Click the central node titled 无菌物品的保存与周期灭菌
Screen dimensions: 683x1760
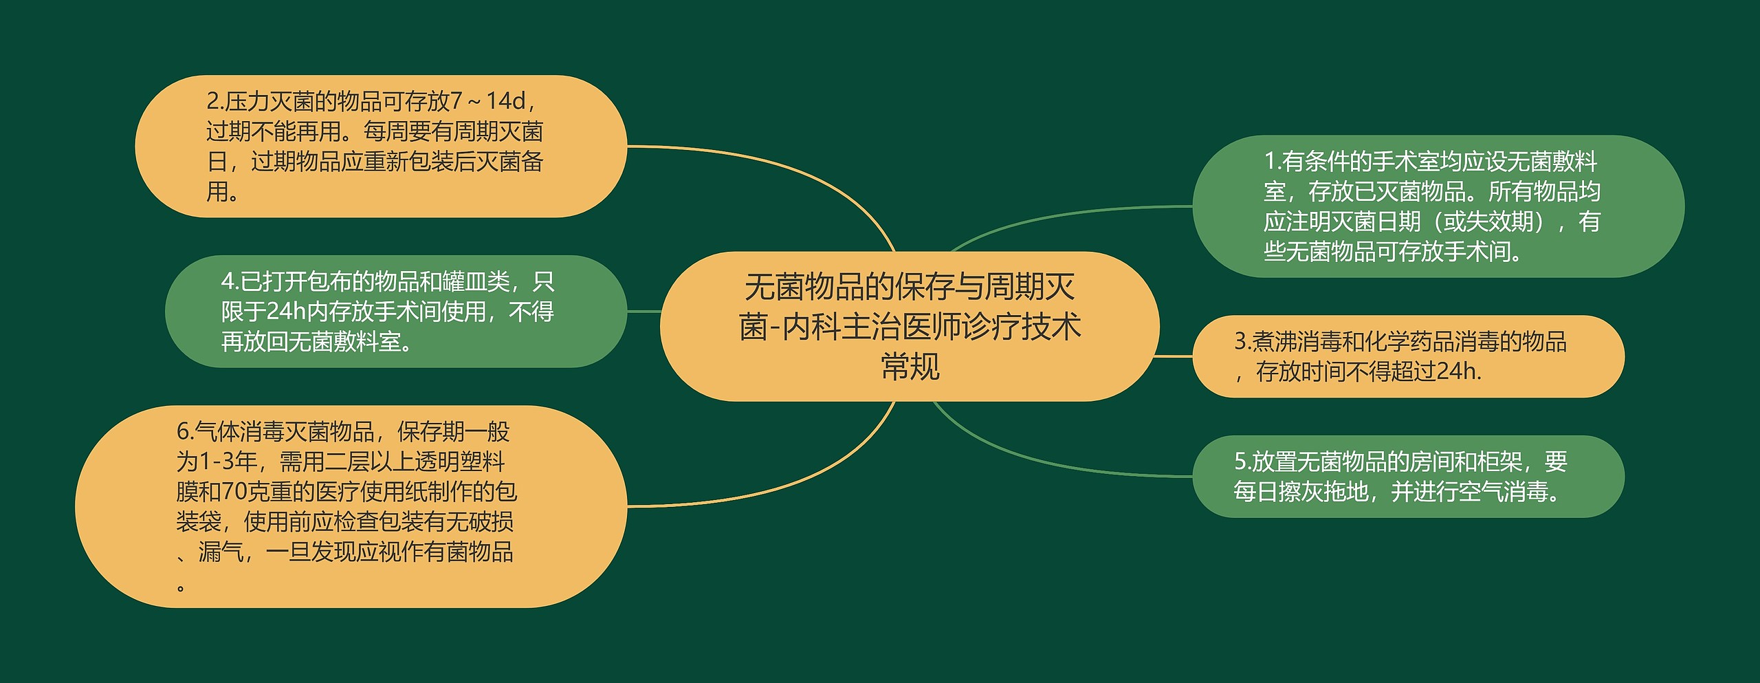point(910,326)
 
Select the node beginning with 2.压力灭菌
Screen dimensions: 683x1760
point(381,147)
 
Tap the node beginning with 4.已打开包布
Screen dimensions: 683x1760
point(395,312)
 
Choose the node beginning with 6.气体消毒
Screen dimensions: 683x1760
point(351,507)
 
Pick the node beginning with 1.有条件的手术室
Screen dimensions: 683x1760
point(1438,206)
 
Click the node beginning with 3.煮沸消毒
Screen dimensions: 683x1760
point(1408,356)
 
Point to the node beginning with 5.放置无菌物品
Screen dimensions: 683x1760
point(1408,476)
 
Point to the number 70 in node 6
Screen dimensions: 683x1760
point(234,492)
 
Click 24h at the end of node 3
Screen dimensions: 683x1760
point(1456,372)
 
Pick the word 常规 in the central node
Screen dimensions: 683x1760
point(910,366)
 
